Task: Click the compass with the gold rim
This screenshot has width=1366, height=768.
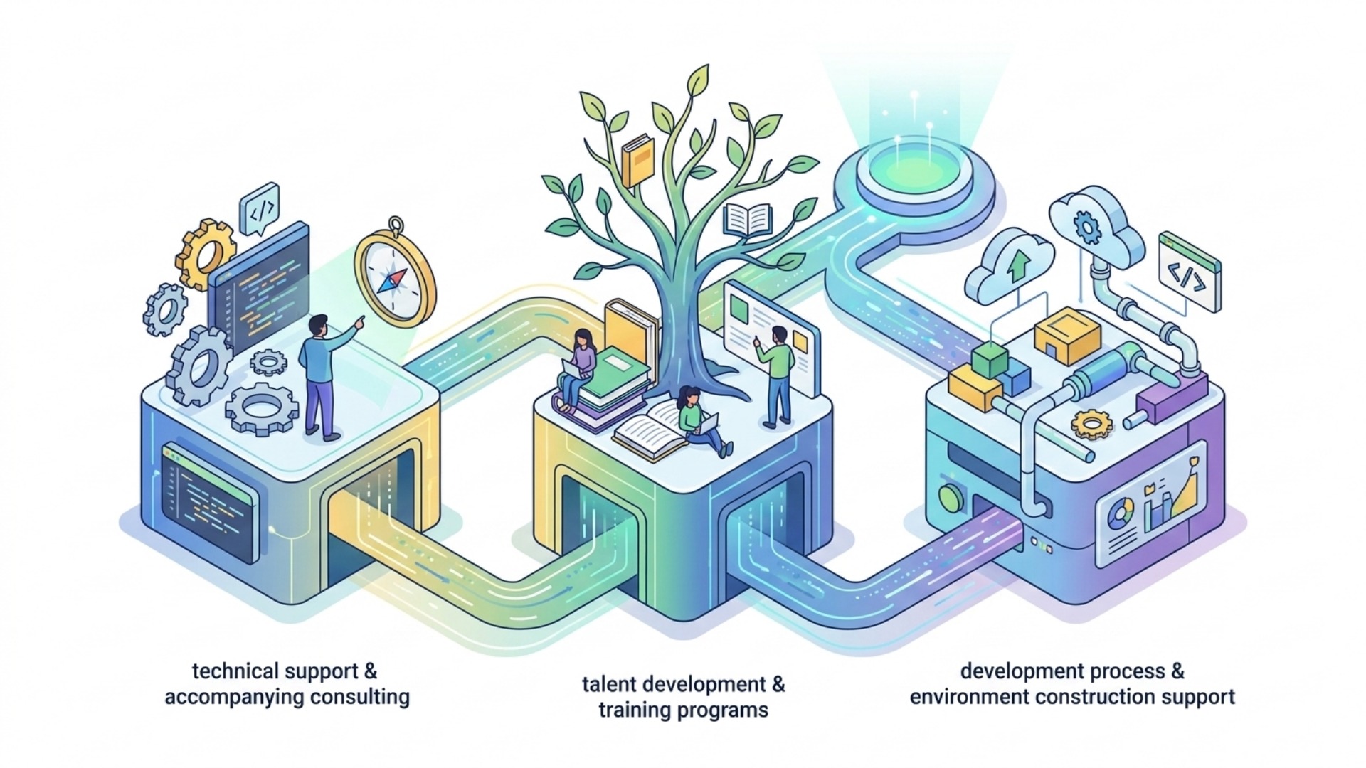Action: pyautogui.click(x=396, y=274)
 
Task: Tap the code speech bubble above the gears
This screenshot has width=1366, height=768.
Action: pyautogui.click(x=260, y=208)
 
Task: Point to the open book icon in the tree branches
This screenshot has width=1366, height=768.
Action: pyautogui.click(x=747, y=220)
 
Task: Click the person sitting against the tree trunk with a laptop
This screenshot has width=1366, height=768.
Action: pyautogui.click(x=701, y=422)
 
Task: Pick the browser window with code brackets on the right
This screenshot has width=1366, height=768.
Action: pyautogui.click(x=1190, y=272)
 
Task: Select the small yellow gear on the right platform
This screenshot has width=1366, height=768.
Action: pyautogui.click(x=1091, y=425)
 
